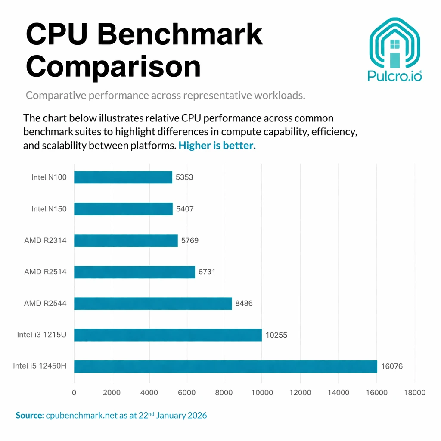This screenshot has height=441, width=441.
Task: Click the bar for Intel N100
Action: tap(123, 177)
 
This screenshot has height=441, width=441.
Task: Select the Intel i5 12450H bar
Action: tap(225, 366)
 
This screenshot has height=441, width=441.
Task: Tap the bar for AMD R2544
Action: tap(153, 303)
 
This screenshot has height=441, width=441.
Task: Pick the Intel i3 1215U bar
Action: tap(168, 335)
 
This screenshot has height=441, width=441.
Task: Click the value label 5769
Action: tap(190, 240)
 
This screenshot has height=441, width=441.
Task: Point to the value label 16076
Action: tap(392, 366)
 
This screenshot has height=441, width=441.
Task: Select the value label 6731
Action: tap(207, 272)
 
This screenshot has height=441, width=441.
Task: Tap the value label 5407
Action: tap(185, 209)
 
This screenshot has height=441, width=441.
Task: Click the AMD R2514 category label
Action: tap(46, 272)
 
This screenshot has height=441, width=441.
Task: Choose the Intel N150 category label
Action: tap(49, 209)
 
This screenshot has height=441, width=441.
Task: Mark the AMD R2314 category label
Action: tap(46, 240)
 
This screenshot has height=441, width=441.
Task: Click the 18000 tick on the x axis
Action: tap(414, 392)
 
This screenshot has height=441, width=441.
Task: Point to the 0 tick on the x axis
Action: tap(74, 392)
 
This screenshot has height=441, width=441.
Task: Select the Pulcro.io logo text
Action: tap(394, 76)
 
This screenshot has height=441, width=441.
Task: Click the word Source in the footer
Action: tap(29, 416)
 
